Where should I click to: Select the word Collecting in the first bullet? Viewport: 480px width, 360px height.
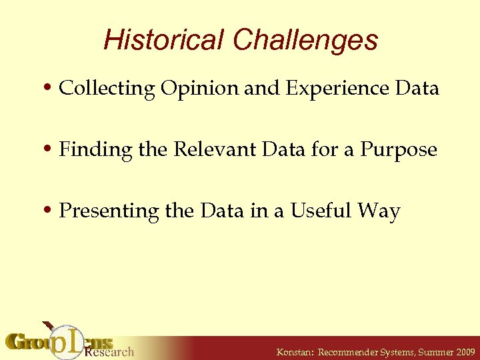coord(107,89)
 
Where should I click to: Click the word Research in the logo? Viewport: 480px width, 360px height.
coord(110,351)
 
